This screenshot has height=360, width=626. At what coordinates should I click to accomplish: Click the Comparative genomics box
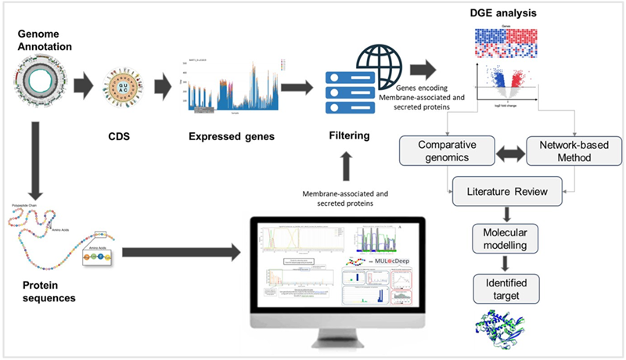tap(447, 151)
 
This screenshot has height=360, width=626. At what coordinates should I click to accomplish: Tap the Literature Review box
tap(509, 191)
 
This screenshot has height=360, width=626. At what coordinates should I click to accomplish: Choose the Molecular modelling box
tap(509, 239)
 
